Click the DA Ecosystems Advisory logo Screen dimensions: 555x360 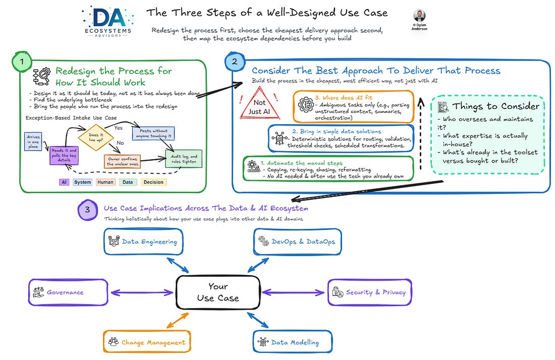[x=108, y=21]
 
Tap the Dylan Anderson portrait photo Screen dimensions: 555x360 [x=419, y=16]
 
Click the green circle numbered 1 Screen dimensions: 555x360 [x=22, y=62]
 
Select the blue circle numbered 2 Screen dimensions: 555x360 [x=235, y=62]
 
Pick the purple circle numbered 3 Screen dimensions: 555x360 [x=87, y=210]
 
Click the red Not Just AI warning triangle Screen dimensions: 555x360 [x=260, y=103]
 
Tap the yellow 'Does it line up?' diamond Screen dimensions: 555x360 [x=96, y=137]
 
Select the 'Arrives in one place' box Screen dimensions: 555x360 [x=33, y=142]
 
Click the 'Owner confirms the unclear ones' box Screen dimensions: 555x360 [x=122, y=161]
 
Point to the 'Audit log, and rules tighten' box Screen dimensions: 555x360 [x=184, y=158]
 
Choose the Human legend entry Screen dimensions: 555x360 [x=105, y=182]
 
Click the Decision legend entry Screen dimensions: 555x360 [x=153, y=182]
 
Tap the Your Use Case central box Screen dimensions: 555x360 [x=218, y=292]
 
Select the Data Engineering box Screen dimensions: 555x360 [x=143, y=242]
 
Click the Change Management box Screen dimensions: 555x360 [x=147, y=342]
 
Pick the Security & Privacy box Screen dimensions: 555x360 [x=369, y=292]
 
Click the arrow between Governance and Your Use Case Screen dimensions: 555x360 [x=142, y=292]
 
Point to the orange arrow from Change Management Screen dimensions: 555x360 [x=178, y=320]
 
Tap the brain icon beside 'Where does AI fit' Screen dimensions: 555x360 [x=305, y=105]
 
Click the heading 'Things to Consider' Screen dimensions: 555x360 [x=495, y=106]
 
